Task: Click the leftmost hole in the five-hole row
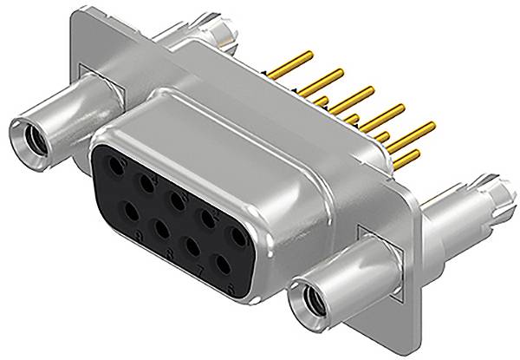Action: coord(114,167)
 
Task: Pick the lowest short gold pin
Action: coord(412,157)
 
